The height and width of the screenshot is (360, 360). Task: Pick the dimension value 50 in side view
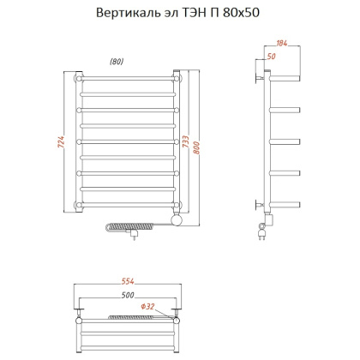click(271, 56)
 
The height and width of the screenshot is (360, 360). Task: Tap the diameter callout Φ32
click(147, 307)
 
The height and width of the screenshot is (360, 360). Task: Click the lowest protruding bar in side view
click(287, 203)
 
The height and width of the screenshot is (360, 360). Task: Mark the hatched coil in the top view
click(129, 318)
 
